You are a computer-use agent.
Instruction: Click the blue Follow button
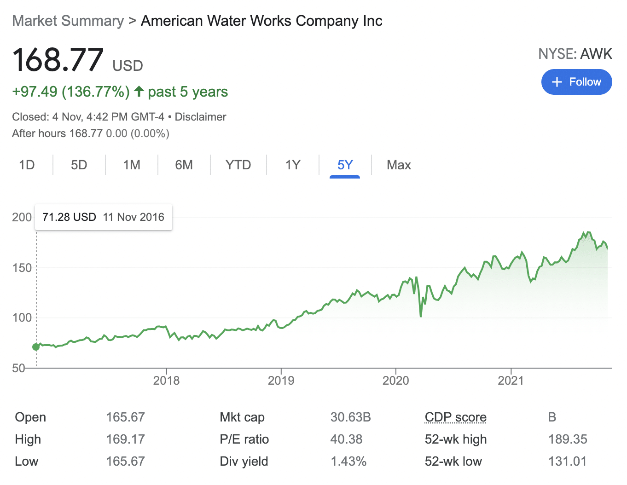[576, 82]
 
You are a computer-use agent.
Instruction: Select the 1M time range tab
[132, 165]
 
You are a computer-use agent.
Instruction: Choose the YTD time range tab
[238, 165]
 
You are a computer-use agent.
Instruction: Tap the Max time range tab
[399, 165]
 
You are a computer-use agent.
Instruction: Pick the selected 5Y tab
[345, 165]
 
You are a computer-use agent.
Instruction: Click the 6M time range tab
[184, 165]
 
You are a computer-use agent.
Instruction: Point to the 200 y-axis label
[22, 217]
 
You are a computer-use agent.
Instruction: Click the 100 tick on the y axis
[22, 318]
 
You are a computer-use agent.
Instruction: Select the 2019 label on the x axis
[281, 381]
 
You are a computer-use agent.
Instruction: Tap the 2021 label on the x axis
[511, 381]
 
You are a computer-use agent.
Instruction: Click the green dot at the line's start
[36, 347]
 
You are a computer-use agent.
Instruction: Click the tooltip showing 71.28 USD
[103, 217]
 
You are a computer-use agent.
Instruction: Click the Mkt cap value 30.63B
[350, 417]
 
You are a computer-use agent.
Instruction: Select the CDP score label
[455, 417]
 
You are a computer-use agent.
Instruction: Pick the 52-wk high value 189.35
[568, 439]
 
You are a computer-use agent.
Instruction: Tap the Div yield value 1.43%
[348, 462]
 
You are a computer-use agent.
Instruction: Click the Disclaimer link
[200, 117]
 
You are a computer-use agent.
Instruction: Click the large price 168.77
[58, 60]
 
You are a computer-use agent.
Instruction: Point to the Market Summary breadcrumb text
[68, 21]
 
